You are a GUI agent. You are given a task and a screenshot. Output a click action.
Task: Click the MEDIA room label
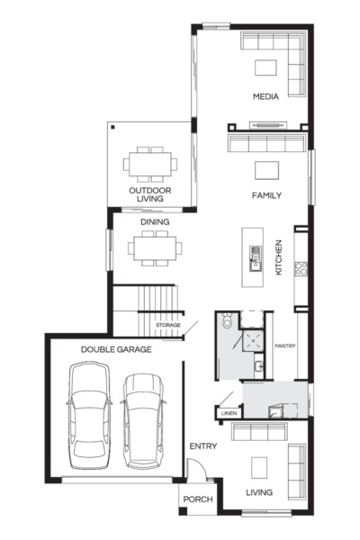click(265, 96)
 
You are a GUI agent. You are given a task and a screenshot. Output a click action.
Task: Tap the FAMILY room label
click(266, 195)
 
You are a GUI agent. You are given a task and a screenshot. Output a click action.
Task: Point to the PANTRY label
click(285, 345)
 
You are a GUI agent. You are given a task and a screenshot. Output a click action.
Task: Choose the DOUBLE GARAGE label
click(116, 349)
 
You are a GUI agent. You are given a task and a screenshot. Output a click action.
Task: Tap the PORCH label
click(198, 500)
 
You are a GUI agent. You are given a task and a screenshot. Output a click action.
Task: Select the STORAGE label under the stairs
click(168, 325)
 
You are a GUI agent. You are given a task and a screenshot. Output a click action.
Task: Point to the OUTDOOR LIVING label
click(150, 196)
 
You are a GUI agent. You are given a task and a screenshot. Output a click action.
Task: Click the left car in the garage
click(92, 415)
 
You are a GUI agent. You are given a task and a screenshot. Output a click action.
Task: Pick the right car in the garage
click(144, 420)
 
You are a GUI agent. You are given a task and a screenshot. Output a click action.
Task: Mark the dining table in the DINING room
click(154, 247)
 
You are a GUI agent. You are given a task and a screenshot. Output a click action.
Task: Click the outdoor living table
click(150, 164)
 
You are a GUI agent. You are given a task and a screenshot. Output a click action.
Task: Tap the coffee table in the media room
click(265, 67)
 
